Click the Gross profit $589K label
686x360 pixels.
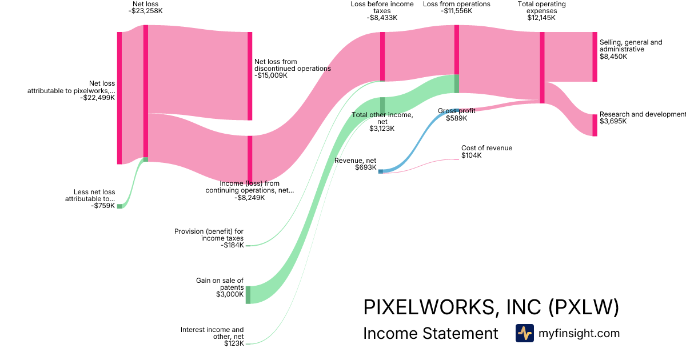click(x=456, y=114)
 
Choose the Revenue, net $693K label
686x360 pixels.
click(x=355, y=164)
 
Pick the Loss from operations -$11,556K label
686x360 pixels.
click(x=456, y=7)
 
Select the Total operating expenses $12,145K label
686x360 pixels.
click(x=541, y=10)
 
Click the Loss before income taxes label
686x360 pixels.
click(x=382, y=10)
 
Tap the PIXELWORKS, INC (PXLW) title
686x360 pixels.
click(x=491, y=307)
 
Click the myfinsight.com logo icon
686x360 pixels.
click(x=524, y=333)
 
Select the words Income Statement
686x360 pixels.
click(x=430, y=334)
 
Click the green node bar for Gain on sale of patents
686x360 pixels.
click(x=248, y=295)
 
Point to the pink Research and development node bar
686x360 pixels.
click(x=595, y=125)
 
